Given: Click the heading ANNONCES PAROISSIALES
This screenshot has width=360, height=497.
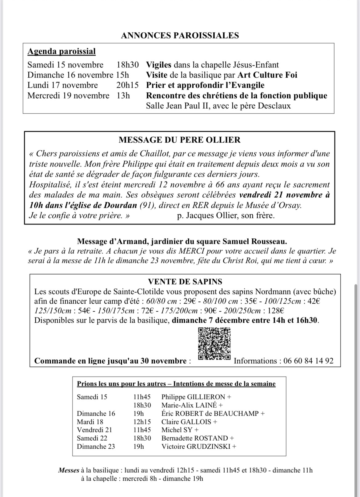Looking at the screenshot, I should coord(180,35).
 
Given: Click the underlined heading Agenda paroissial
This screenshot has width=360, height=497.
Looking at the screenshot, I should coord(62,51).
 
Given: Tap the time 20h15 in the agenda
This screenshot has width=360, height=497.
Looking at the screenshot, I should coord(127,85).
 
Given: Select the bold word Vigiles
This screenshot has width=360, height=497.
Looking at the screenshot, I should coord(158,65).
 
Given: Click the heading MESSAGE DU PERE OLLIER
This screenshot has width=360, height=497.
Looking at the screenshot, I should coord(180,140).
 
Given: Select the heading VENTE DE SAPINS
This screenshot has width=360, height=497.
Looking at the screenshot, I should coord(185,281).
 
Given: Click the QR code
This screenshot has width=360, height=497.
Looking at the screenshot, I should coord(214,344).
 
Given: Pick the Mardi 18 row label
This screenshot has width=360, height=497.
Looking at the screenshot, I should coord(90,422).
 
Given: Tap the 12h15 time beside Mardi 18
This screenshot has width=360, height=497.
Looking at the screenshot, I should coord(142,422).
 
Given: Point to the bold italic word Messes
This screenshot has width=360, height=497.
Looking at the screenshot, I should coord(69,470).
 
